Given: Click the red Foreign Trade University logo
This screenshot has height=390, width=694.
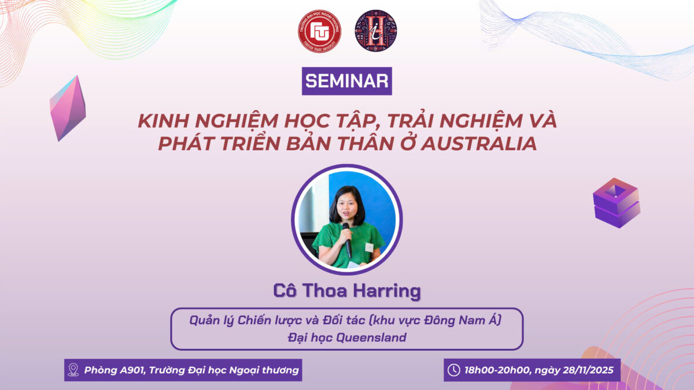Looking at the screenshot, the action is click(319, 31).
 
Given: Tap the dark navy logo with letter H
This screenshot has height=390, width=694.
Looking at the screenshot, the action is click(376, 31).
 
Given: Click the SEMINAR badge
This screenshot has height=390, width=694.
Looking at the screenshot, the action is click(346, 81).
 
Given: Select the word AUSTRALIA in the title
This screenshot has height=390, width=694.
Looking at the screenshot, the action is click(478, 144).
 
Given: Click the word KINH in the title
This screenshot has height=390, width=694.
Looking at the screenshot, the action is click(163, 121).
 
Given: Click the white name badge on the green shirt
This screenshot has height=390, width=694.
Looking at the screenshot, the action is click(369, 247).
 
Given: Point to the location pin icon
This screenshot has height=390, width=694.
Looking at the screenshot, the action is click(73, 370).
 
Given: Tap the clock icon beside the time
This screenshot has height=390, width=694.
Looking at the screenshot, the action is click(454, 370).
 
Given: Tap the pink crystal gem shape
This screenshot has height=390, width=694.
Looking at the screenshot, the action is click(68, 109).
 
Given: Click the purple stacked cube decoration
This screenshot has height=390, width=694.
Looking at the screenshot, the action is click(617, 203).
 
